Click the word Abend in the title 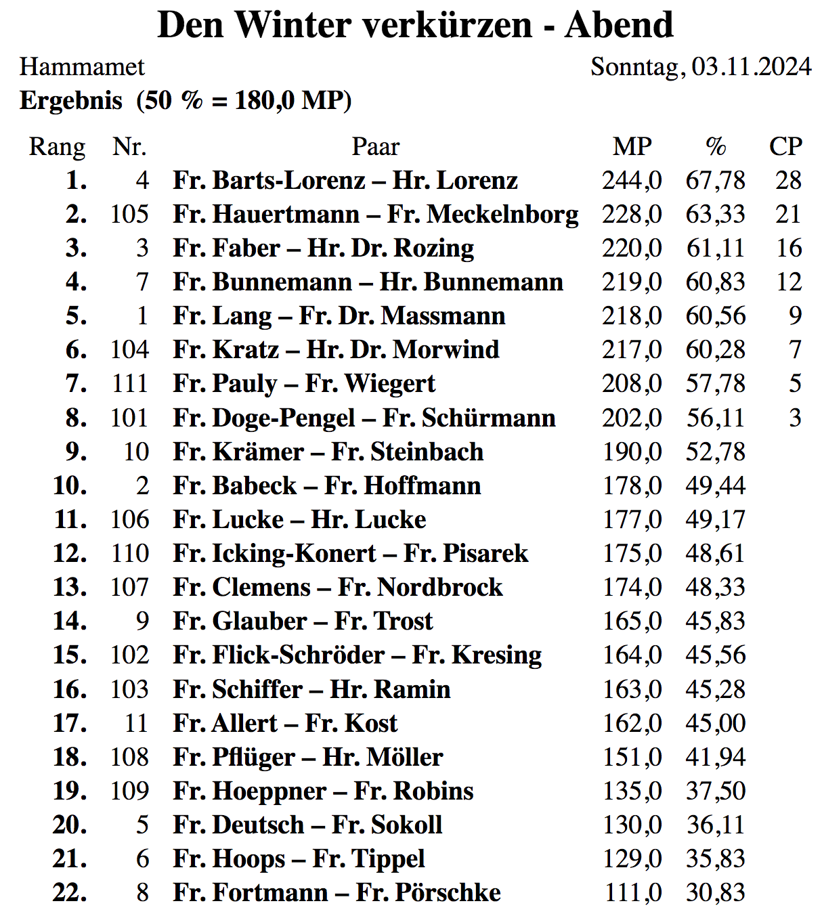[619, 25]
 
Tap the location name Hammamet [82, 66]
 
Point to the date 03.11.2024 [751, 66]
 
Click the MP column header [632, 146]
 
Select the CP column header [785, 146]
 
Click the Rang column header [57, 146]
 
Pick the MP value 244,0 [632, 180]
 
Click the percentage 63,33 [715, 214]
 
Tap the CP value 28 [788, 180]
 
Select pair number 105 [129, 214]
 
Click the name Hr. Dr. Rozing [391, 248]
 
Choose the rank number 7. [76, 383]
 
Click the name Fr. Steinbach [407, 452]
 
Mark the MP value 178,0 [632, 485]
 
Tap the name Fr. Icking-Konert [274, 553]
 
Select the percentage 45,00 [715, 723]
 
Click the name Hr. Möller [383, 757]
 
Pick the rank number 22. [70, 892]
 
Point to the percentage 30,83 [715, 892]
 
